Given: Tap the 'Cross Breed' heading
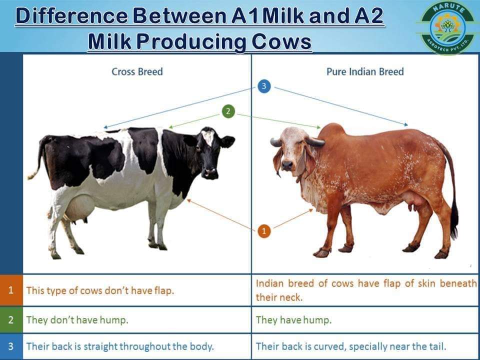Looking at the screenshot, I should [137, 72].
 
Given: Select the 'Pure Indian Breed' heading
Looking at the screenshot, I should [365, 72].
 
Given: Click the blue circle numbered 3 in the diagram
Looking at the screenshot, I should [265, 86].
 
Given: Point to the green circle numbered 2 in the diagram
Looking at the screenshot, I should [228, 111].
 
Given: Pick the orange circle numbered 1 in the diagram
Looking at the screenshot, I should [265, 231].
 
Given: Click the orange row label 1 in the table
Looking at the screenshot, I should [11, 290].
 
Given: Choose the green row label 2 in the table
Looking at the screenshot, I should [11, 319].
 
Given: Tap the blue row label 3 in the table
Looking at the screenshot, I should [11, 346].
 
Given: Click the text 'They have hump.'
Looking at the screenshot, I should [293, 320].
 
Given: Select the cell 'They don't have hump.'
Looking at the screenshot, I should [77, 320].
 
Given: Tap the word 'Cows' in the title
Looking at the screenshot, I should [281, 41].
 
